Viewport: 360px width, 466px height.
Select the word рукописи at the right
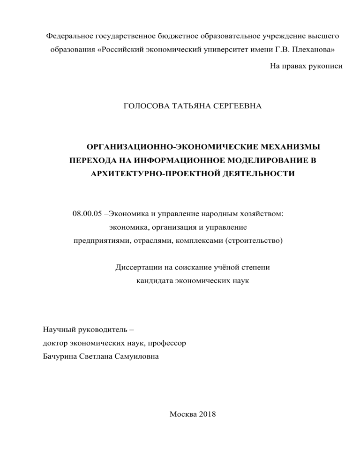coord(325,67)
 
